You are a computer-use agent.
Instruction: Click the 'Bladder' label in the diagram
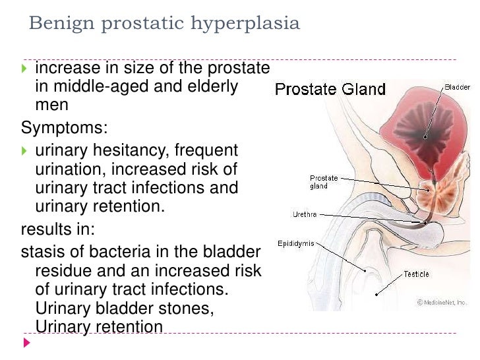click(457, 86)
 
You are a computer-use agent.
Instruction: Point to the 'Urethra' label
click(305, 214)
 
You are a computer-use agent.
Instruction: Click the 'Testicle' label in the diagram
click(416, 274)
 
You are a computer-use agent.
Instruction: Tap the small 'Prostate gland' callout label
click(323, 182)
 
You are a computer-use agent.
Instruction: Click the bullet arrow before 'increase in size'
click(25, 69)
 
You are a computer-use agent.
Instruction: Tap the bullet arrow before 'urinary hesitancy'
click(25, 151)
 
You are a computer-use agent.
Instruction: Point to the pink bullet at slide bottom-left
click(26, 344)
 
